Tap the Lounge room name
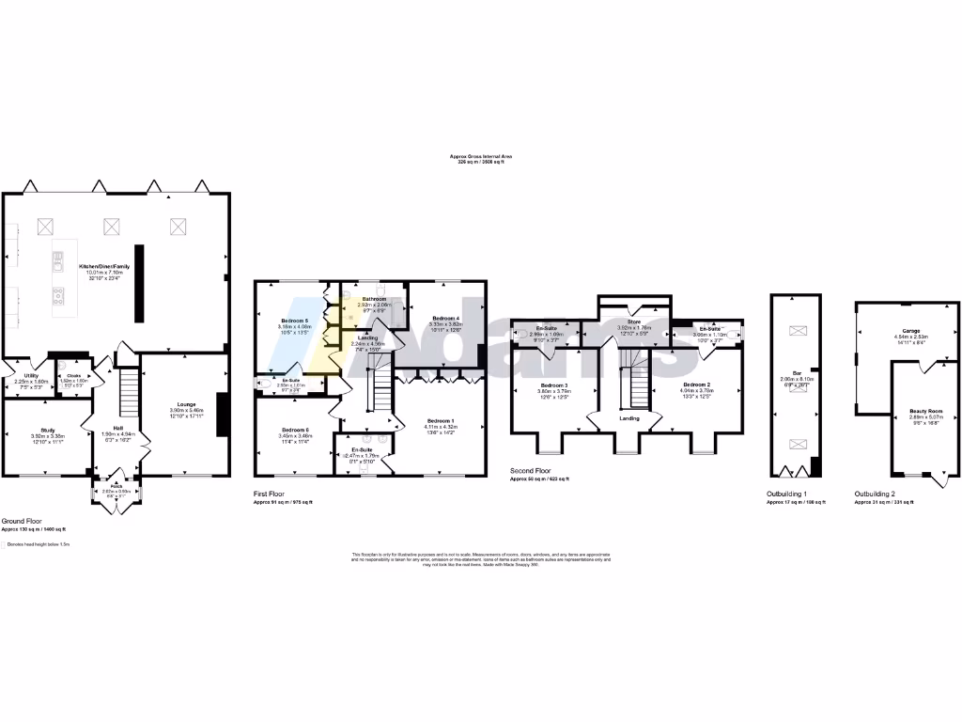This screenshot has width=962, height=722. tap(180, 403)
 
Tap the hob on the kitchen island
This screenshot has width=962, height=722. tap(57, 297)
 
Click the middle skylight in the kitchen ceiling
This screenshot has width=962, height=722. tap(112, 225)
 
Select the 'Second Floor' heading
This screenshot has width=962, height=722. tap(532, 470)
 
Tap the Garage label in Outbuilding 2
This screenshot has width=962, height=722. tap(910, 331)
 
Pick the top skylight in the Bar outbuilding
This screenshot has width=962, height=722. tap(797, 329)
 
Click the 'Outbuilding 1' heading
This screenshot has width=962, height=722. tap(788, 493)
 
